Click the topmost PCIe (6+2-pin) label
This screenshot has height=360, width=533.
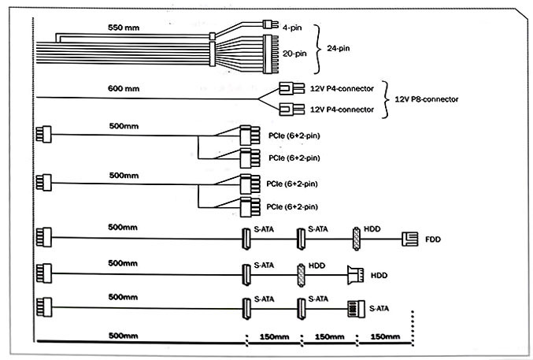(294, 136)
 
